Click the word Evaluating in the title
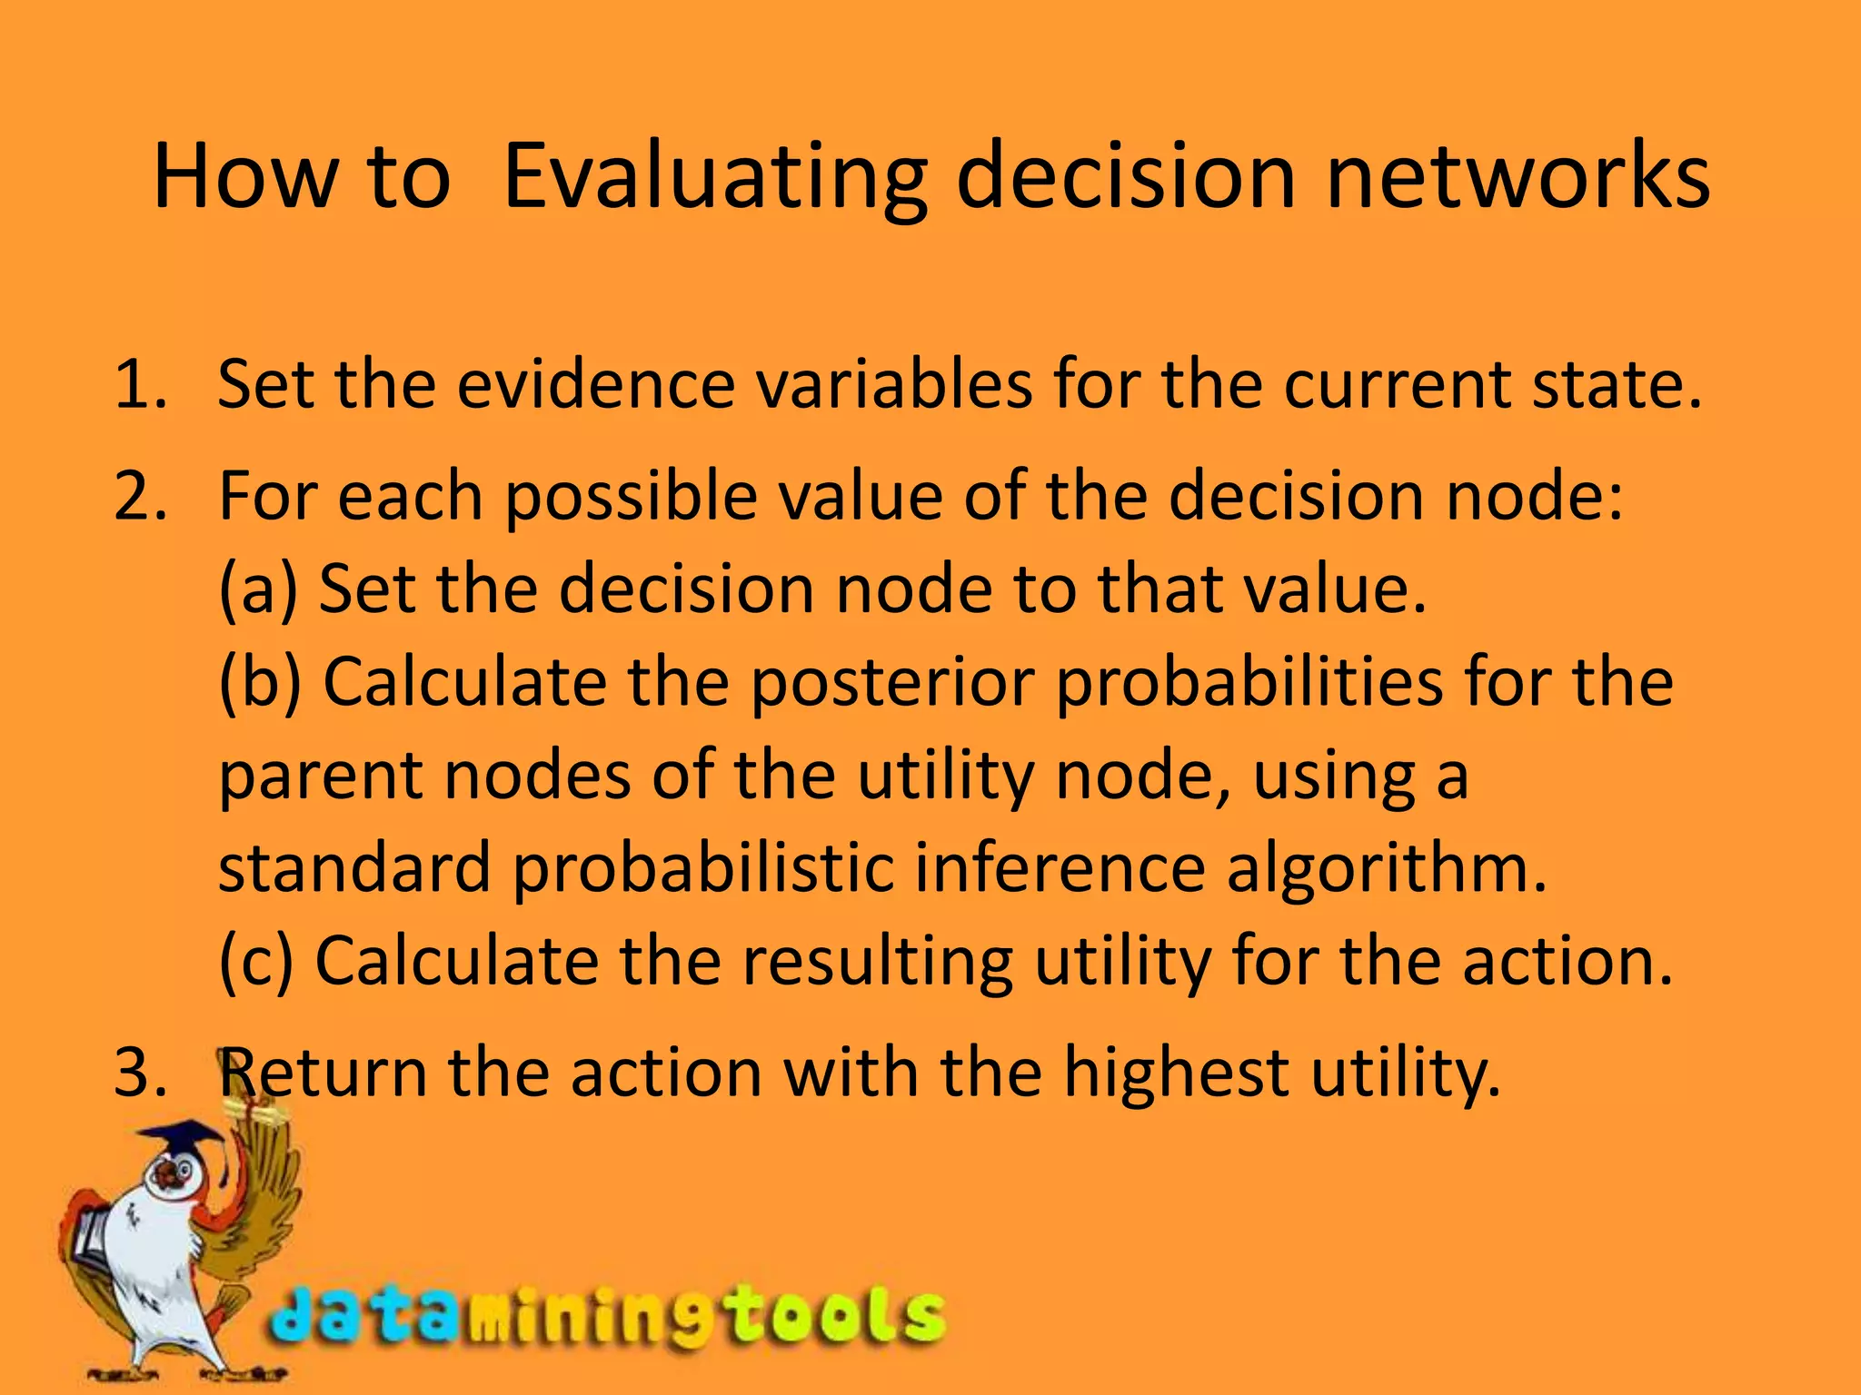713,177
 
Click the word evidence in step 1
595,384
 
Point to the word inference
1059,867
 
